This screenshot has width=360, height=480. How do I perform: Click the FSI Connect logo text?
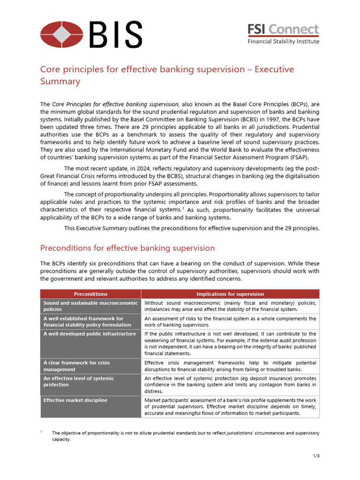pos(283,30)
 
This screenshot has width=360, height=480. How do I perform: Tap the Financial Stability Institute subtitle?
pos(283,41)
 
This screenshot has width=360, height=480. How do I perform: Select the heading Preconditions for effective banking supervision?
pos(127,248)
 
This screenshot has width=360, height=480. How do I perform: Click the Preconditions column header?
pos(90,294)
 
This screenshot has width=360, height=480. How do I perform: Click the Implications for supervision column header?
pos(230,294)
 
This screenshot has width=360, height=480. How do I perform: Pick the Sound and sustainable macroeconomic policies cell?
pos(90,306)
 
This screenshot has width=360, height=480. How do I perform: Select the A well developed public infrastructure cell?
pos(90,334)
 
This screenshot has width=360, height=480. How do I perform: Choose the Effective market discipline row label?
pos(75,400)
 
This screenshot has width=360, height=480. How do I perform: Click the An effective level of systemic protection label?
pos(79,382)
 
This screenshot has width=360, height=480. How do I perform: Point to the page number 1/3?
pos(316,456)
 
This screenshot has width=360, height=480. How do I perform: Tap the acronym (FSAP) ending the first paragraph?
pos(307,157)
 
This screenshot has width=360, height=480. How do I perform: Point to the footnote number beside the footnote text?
pos(42,432)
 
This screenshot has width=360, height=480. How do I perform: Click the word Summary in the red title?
pos(60,82)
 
